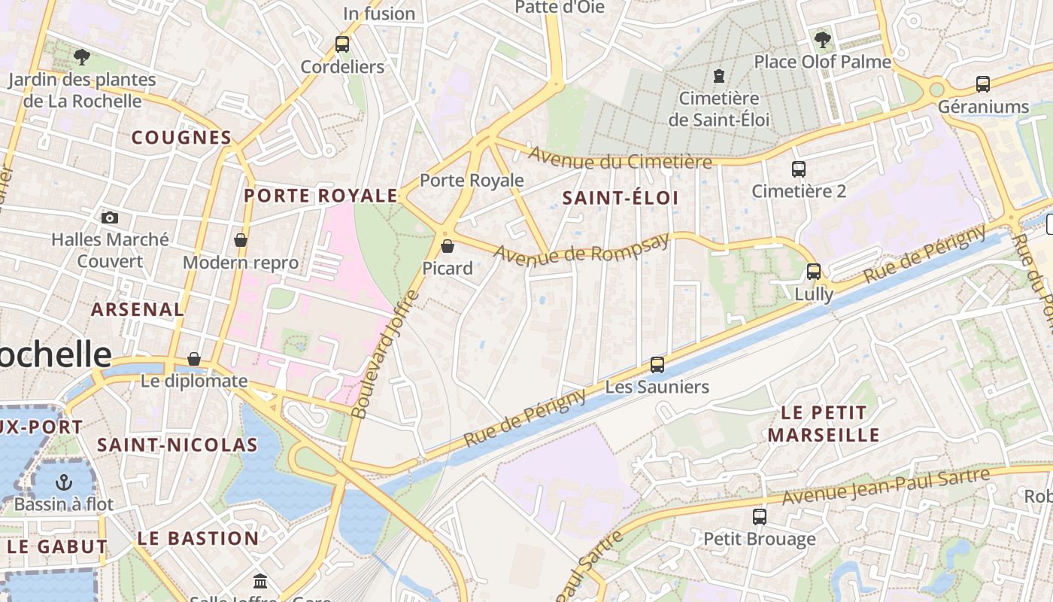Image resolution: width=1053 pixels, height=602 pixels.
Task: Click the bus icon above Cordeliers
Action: coord(342,44)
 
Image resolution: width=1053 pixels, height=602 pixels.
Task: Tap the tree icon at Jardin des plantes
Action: coord(82,56)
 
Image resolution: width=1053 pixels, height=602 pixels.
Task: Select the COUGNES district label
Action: coord(181,138)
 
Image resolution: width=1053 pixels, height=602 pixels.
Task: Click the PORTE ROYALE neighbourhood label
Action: coord(321,196)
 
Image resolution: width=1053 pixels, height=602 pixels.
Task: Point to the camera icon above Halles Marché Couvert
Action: coord(110,217)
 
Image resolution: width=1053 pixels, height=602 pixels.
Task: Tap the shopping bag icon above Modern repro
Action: coord(241,240)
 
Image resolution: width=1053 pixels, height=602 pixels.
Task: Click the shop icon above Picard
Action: coord(448,246)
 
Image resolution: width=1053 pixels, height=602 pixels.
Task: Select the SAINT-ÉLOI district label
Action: coord(621,199)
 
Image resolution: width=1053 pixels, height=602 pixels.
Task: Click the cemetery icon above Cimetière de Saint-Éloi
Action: coord(719,76)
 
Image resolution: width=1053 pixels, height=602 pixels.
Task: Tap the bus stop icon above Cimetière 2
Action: coord(799,169)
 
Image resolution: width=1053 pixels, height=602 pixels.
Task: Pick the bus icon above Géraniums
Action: coord(983,84)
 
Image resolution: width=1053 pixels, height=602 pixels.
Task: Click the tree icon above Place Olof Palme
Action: coord(822,39)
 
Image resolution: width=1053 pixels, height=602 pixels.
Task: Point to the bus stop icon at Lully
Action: coord(814,272)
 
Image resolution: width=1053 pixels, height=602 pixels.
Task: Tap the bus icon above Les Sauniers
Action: coord(657,365)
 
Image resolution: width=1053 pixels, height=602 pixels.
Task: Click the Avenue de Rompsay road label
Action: coord(581,248)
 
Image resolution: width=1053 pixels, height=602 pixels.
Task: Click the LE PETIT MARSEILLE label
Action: coord(824,424)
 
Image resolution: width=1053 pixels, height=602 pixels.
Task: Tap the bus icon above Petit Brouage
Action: coord(760,517)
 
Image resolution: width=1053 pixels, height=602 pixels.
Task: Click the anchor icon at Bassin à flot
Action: coord(64,482)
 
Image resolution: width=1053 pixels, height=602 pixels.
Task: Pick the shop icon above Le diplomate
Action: coord(194,359)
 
